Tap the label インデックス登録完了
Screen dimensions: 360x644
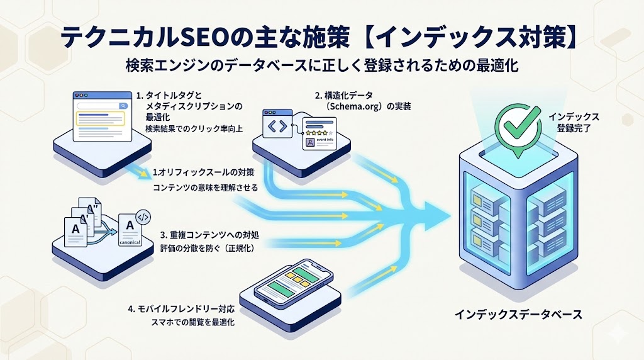click(573, 121)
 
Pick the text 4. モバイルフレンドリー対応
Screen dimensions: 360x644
click(180, 310)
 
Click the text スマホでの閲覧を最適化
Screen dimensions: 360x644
click(190, 322)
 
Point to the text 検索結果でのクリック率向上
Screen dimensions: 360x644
click(194, 129)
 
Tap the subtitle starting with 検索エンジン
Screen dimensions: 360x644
click(322, 65)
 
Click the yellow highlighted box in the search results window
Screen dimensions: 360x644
click(101, 120)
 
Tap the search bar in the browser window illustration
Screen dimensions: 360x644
click(100, 106)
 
